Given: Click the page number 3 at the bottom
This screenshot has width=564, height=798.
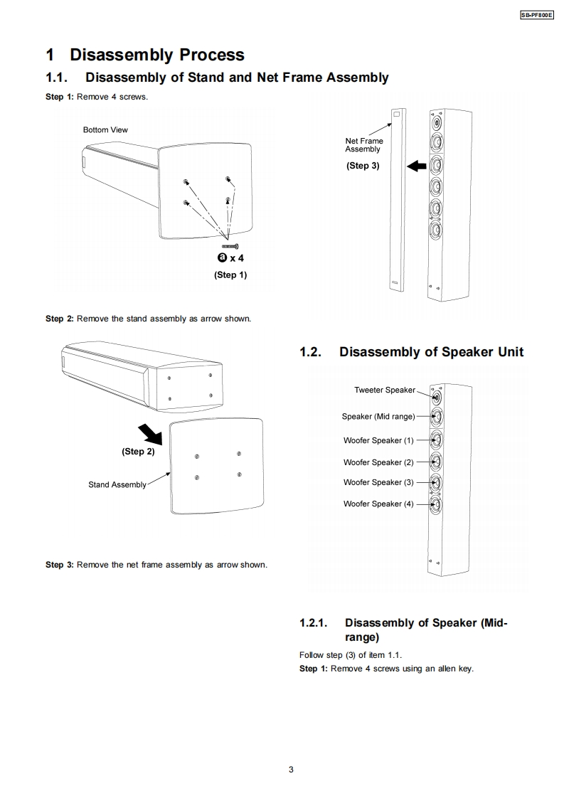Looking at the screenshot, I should point(291,769).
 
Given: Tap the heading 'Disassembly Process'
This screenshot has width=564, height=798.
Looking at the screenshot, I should point(156,55).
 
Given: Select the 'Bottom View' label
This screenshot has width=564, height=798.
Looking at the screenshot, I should point(105,129).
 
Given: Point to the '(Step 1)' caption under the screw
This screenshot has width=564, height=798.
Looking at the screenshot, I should point(230,275).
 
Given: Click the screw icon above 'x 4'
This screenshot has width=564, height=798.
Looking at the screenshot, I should point(230,245).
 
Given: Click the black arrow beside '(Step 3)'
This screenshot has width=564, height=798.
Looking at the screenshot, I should point(417,166).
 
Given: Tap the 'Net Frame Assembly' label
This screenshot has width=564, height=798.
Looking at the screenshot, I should point(363,145).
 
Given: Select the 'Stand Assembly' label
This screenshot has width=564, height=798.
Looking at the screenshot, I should point(117,485).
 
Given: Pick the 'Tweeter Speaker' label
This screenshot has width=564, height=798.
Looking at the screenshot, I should point(385,390).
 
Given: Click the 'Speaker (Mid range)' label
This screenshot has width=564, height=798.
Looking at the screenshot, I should point(378,416).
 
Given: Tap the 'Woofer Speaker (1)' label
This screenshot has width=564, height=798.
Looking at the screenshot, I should point(378,440).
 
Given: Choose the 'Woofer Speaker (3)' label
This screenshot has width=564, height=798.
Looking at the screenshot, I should point(378,482).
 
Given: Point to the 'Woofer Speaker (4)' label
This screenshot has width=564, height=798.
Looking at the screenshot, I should point(378,504).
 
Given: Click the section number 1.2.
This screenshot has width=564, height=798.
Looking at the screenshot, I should point(311,352).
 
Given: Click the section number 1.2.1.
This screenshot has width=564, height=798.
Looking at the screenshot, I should point(314,623).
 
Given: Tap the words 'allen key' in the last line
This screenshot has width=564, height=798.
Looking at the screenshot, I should point(454,669).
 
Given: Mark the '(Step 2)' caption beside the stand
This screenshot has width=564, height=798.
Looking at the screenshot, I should point(138,452).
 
